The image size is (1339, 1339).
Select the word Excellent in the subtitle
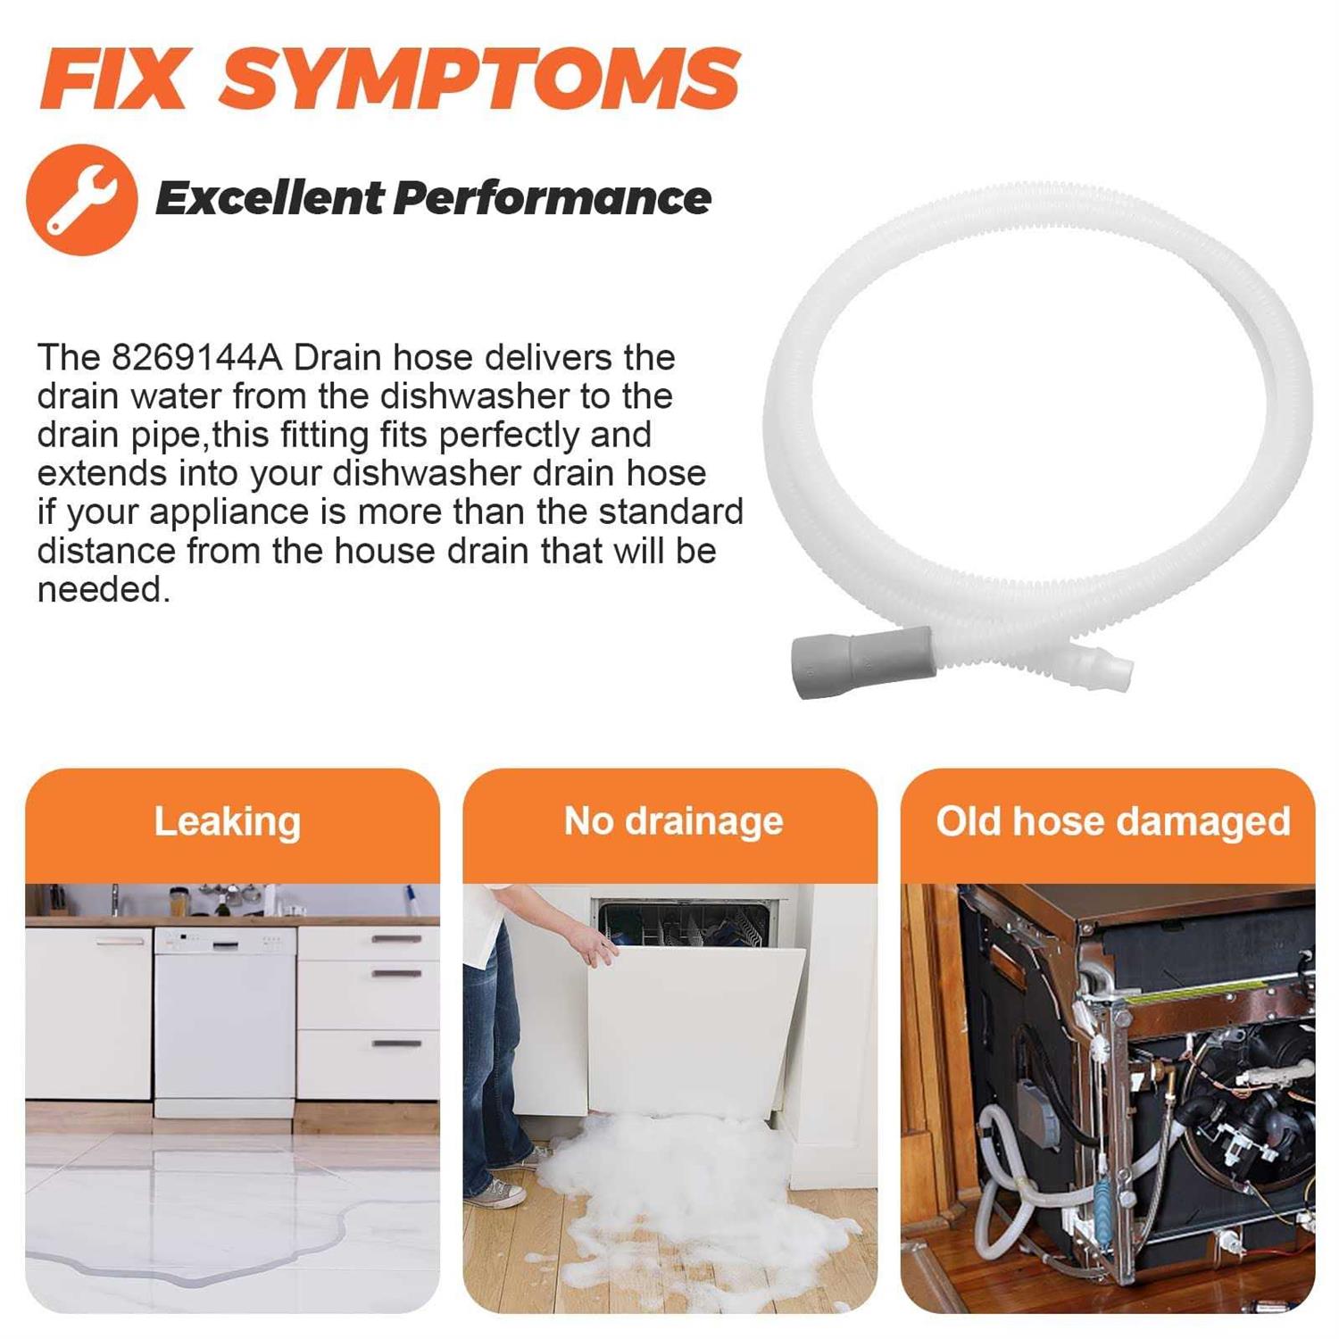point(269,197)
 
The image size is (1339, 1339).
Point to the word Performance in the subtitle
point(552,197)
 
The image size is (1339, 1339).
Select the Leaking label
point(227,822)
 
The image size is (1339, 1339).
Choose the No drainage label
point(673,820)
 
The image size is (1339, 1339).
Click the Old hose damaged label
point(1113,821)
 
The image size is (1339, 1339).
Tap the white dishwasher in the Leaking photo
point(224,1021)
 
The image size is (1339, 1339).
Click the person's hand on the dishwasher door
point(594,943)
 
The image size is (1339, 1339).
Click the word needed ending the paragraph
point(104,589)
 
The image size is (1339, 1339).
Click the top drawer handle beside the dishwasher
point(396,938)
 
